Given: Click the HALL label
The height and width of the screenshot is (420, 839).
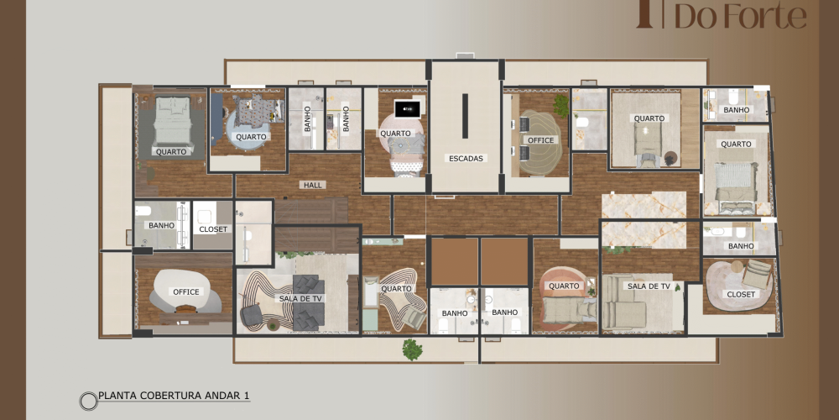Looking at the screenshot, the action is pos(313,185).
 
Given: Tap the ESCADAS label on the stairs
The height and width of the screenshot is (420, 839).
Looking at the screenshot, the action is pos(466,158).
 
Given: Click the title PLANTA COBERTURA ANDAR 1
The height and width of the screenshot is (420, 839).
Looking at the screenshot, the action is pos(174,396).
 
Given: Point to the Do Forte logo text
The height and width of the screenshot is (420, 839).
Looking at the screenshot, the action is pos(740,16).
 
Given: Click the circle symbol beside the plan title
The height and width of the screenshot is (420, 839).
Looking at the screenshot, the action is pos(88,401).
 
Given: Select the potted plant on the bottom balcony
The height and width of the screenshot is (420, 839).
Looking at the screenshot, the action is pos(412,349).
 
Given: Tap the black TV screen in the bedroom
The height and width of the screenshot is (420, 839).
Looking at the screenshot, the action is pos(408,108).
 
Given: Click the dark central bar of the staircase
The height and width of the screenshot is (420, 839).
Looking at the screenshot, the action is pos(465,116).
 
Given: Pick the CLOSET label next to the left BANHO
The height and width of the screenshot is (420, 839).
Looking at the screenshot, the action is pos(213,229).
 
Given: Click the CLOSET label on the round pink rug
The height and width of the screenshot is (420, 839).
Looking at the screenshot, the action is pos(741,294).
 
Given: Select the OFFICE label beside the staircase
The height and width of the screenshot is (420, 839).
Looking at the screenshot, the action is pos(540,140).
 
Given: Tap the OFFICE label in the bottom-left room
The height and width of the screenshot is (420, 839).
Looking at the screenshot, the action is pos(185,292).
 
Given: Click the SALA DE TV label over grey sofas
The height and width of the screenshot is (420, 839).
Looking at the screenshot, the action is pos(301,298).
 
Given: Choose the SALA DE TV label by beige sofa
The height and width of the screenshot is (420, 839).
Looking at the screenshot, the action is pos(649,286).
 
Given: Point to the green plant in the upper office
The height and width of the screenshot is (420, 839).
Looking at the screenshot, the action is pos(561,105).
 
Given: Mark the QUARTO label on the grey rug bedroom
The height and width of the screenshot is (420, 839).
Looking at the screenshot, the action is pos(171,151).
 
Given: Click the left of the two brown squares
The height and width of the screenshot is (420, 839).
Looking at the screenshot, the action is pos(455,261).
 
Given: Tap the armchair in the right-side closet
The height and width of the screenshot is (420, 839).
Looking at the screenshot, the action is pos(756,274).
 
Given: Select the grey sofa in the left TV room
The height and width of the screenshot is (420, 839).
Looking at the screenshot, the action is pos(309,302).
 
